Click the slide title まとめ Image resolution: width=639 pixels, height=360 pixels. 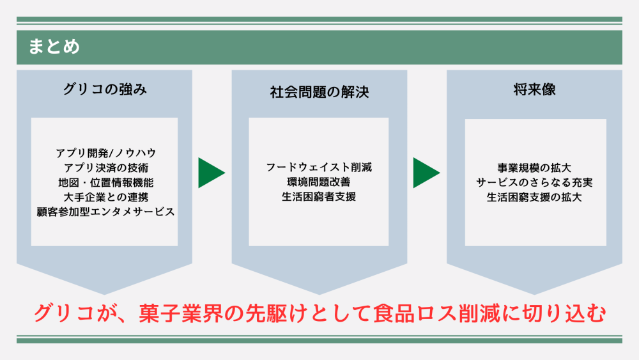54,47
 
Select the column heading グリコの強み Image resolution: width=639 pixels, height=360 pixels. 105,90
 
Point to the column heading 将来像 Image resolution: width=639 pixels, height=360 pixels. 534,90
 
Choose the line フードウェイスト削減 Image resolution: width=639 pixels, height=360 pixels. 319,168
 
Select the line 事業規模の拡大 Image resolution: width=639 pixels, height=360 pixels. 534,168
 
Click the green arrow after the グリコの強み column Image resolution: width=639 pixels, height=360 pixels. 210,173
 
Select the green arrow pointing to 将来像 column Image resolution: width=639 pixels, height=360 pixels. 425,173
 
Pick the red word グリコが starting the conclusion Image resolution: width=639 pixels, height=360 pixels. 69,314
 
